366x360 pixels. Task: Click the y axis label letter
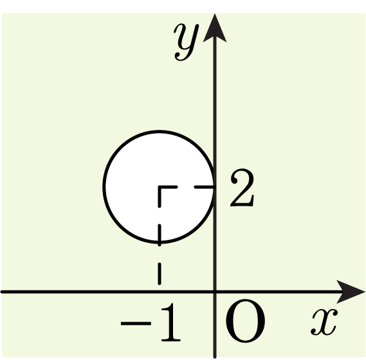point(186,42)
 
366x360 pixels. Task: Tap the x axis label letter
point(324,322)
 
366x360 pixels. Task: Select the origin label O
point(245,321)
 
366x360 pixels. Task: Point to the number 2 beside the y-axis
point(242,187)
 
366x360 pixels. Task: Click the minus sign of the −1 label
point(136,323)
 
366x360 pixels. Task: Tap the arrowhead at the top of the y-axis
point(215,28)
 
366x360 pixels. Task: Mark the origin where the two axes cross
point(215,292)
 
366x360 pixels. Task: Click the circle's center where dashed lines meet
point(160,187)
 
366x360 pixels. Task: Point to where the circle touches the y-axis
point(214,187)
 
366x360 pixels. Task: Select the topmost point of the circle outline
point(160,132)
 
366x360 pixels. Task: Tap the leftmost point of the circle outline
point(104,187)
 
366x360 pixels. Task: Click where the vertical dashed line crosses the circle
point(160,242)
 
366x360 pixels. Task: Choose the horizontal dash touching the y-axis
point(205,187)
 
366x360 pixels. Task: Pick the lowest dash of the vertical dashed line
point(160,274)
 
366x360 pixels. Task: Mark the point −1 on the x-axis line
point(160,292)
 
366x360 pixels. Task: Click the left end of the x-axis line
point(1,292)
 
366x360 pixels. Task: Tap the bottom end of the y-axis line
point(215,357)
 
